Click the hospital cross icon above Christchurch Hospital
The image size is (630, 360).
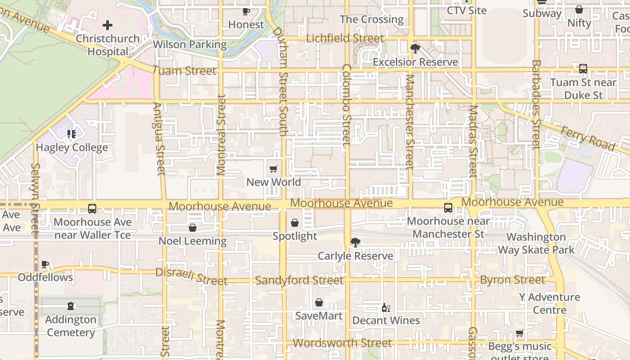(x=107, y=25)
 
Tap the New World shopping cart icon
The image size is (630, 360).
(x=273, y=169)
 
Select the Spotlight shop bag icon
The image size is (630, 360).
(x=294, y=223)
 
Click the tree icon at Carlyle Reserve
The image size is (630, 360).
(x=355, y=243)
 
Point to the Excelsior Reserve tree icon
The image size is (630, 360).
(x=415, y=49)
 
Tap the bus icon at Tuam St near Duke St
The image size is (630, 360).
(x=583, y=69)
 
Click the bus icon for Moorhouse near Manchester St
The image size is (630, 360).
(x=448, y=208)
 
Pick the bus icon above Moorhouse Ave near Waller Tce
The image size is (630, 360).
(x=92, y=209)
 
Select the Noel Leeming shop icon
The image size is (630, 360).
(x=192, y=228)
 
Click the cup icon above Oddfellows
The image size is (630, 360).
(x=45, y=264)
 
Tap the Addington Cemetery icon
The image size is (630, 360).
(x=71, y=306)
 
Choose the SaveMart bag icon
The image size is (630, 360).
(x=319, y=302)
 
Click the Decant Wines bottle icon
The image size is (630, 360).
(x=386, y=307)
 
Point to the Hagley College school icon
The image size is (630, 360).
(x=71, y=134)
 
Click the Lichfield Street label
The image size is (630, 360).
(x=345, y=38)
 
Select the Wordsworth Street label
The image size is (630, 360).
(x=342, y=343)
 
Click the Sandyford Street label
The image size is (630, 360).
(x=299, y=280)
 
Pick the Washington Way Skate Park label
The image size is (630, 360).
(x=536, y=243)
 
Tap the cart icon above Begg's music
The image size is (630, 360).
(x=520, y=333)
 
